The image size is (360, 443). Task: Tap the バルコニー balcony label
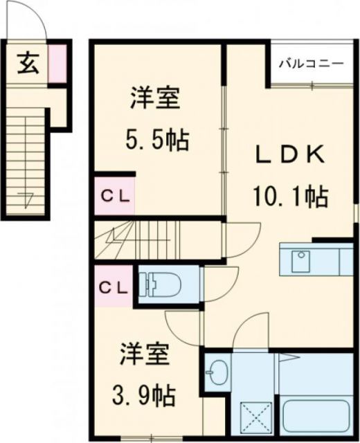pos(311,64)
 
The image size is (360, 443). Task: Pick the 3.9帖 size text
pos(145,396)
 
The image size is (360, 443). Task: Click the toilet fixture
pos(161,283)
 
